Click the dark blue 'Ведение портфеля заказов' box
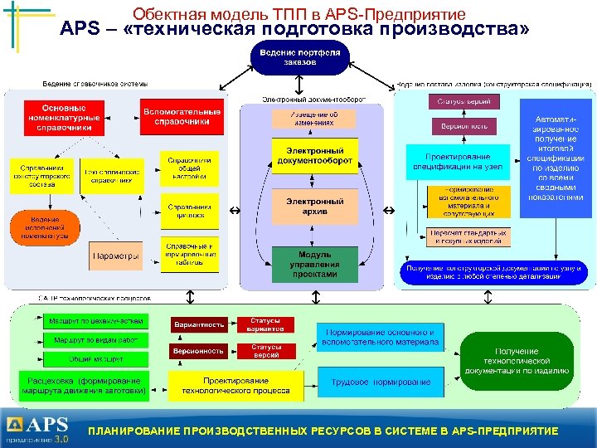tap(300, 58)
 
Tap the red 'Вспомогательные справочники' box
tap(182, 117)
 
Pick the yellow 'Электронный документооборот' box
tap(315, 155)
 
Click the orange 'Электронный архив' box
tap(315, 207)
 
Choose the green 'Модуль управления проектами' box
tap(315, 264)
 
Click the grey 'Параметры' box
tap(116, 256)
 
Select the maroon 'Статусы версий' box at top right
tap(464, 101)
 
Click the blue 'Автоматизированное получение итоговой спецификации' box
tap(556, 158)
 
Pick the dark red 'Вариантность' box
tap(199, 324)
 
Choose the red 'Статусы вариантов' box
tap(267, 324)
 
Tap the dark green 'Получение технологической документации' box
tap(517, 362)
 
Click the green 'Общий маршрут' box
tap(95, 359)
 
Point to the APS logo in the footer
tap(38, 428)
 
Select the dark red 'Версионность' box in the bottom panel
tap(199, 351)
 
